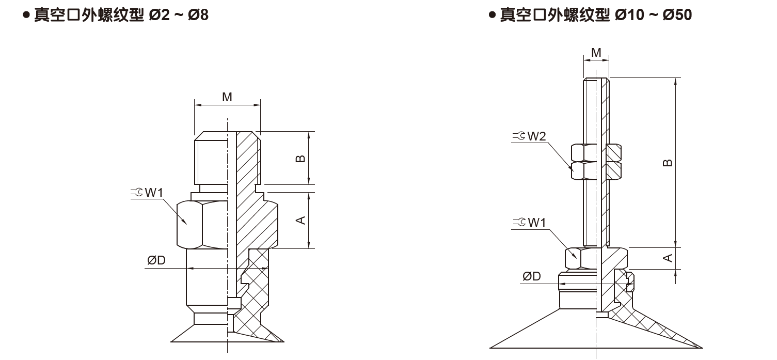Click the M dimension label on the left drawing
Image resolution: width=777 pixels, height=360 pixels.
pos(227,97)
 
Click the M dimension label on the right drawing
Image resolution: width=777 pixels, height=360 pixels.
pos(596,52)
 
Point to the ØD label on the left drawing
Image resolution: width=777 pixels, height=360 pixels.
pos(156,261)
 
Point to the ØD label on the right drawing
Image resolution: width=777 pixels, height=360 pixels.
pos(531,276)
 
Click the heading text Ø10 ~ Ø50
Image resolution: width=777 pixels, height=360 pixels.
pos(653,15)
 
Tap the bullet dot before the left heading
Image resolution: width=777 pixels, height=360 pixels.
pos(25,15)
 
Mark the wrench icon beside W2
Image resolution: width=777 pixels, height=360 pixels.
pos(519,136)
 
